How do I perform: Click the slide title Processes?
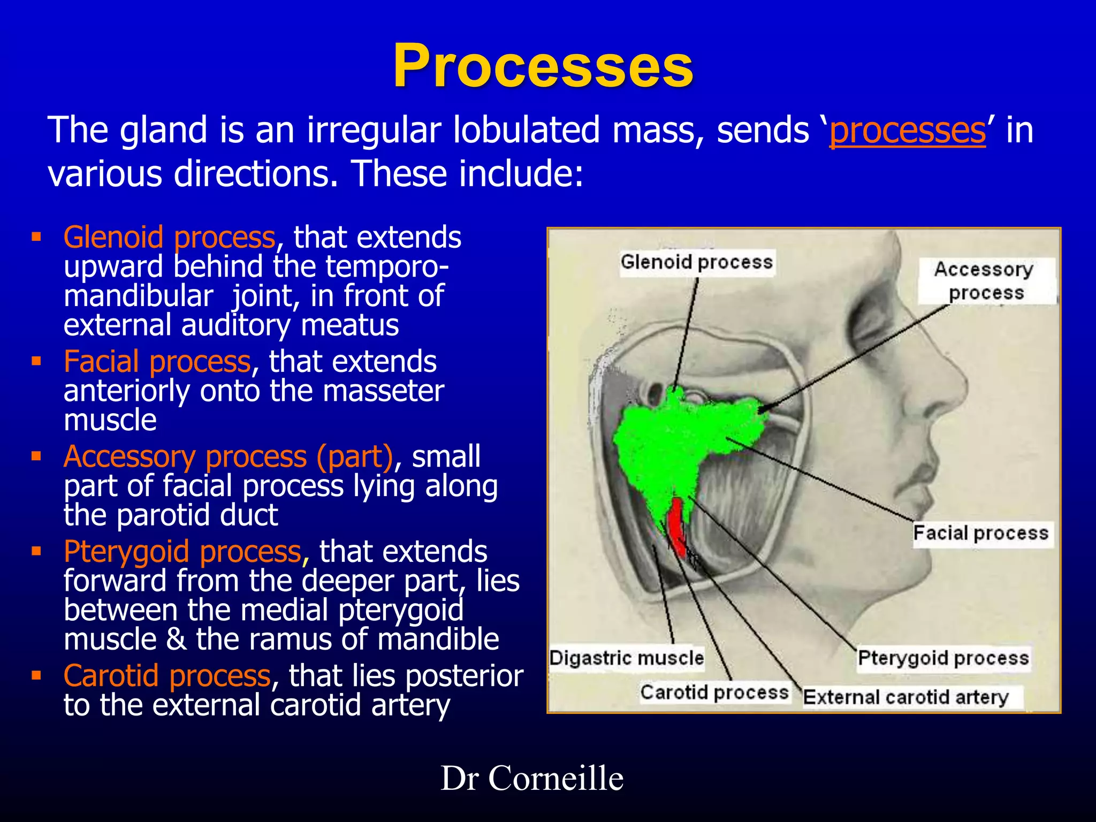[x=543, y=66]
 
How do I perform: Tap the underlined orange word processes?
[x=907, y=130]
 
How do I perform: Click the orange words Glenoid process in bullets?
[x=169, y=237]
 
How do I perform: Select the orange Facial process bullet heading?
[x=157, y=362]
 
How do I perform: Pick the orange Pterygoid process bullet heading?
[x=182, y=552]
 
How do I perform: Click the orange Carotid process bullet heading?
[x=167, y=676]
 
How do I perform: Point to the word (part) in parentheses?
[x=354, y=457]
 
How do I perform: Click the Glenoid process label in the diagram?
[x=696, y=262]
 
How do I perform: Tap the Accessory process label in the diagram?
[x=984, y=280]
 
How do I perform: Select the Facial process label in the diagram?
[x=980, y=534]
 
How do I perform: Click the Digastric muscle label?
[x=626, y=658]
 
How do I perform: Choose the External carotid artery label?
[x=905, y=697]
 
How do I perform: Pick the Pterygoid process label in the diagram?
[x=943, y=658]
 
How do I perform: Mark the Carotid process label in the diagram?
[x=714, y=692]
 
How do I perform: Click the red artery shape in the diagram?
[x=677, y=527]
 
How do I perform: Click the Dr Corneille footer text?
[x=532, y=778]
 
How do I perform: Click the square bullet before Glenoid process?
[x=36, y=237]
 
